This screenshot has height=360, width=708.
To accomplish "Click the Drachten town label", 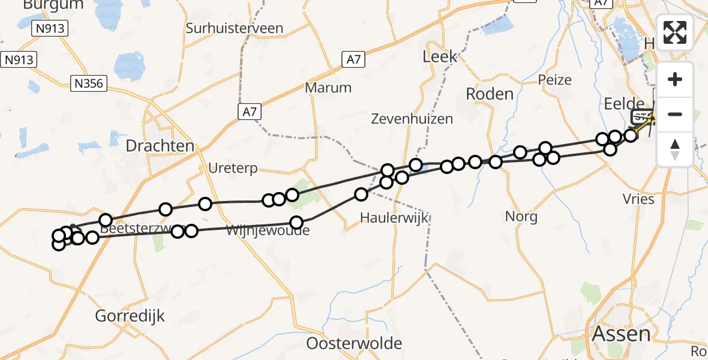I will pyautogui.click(x=160, y=146).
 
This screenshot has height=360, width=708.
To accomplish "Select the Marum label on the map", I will pyautogui.click(x=328, y=88).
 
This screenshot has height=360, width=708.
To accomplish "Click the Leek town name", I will pyautogui.click(x=440, y=57).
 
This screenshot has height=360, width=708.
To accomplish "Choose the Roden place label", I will pyautogui.click(x=490, y=94).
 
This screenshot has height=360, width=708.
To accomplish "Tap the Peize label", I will pyautogui.click(x=555, y=80).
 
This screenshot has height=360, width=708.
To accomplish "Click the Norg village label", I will pyautogui.click(x=521, y=216).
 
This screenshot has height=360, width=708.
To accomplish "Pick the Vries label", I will pyautogui.click(x=638, y=199).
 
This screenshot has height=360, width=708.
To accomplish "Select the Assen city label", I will pyautogui.click(x=621, y=334).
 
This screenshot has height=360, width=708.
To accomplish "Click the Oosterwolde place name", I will pyautogui.click(x=354, y=344).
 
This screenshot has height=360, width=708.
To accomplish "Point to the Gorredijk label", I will pyautogui.click(x=130, y=316).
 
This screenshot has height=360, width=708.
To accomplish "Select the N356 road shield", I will pyautogui.click(x=88, y=83).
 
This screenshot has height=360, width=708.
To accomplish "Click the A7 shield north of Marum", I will pyautogui.click(x=353, y=59).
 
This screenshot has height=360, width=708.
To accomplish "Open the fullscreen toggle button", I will pyautogui.click(x=675, y=32).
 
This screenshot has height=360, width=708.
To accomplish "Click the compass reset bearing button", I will pyautogui.click(x=675, y=149).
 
